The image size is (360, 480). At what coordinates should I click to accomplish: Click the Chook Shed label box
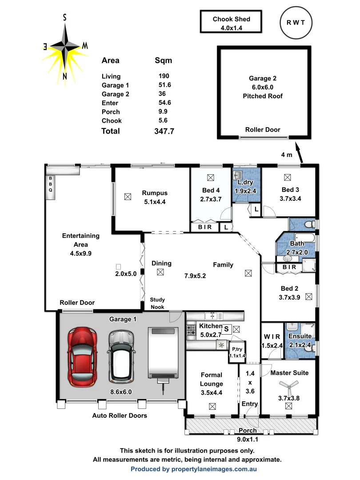click(231, 23)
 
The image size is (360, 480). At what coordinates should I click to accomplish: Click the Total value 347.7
click(163, 131)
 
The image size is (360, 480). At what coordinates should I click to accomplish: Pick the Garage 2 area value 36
click(162, 94)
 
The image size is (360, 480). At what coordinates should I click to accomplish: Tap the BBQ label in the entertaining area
click(50, 184)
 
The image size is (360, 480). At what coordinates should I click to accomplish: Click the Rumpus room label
click(155, 193)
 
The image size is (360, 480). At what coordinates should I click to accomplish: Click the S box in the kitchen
click(226, 329)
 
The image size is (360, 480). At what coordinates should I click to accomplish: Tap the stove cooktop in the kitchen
click(192, 330)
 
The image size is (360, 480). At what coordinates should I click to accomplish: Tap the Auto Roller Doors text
click(120, 416)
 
